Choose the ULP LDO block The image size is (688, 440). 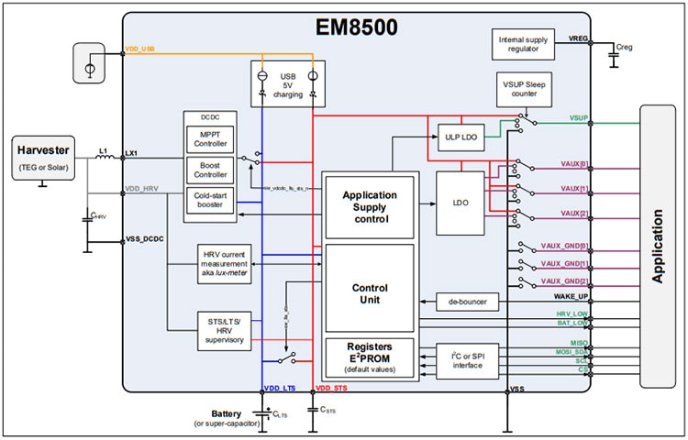point(460,138)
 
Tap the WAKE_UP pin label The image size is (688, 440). point(571,297)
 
